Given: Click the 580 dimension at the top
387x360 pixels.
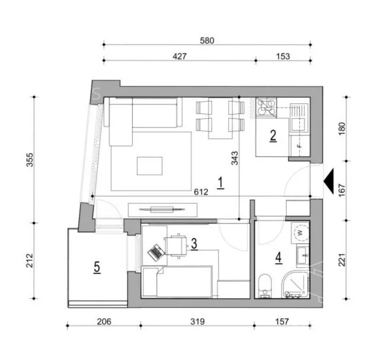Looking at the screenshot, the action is (x=207, y=40).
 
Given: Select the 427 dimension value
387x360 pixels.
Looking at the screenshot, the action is (x=180, y=56).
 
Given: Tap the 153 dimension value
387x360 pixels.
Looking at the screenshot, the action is (x=283, y=56).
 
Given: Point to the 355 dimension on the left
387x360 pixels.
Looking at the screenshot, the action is (x=30, y=160).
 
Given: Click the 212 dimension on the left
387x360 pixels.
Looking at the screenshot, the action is (x=30, y=260).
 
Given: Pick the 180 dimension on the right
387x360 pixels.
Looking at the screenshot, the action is (x=342, y=129).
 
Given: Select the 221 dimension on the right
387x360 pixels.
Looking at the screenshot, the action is (x=342, y=260).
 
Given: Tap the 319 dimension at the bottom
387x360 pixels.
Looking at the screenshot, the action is (x=197, y=322).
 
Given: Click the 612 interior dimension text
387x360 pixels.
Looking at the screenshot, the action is (x=201, y=192).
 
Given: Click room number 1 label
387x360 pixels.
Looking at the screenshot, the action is (x=221, y=183).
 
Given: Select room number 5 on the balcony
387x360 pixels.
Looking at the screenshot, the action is (x=97, y=267).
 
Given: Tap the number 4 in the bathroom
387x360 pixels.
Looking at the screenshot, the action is (x=279, y=258).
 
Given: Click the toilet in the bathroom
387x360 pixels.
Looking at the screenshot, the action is (x=265, y=286).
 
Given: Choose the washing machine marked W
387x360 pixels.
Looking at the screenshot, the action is (x=300, y=233).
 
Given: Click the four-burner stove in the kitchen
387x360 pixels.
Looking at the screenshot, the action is (x=266, y=108).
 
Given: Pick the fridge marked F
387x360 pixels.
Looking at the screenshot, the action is (x=300, y=146).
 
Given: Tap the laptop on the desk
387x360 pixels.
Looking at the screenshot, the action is (x=156, y=252).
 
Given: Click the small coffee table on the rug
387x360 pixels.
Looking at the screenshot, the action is (x=150, y=166).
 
